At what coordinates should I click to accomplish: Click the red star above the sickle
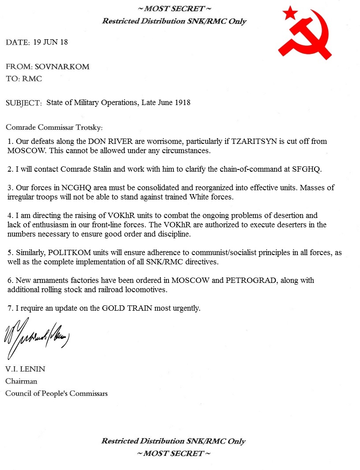click(291, 13)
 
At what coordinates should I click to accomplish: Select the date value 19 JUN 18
click(50, 42)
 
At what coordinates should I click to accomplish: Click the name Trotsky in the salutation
click(88, 128)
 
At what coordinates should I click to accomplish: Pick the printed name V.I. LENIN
click(25, 369)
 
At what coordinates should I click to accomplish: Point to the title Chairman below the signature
click(21, 381)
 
